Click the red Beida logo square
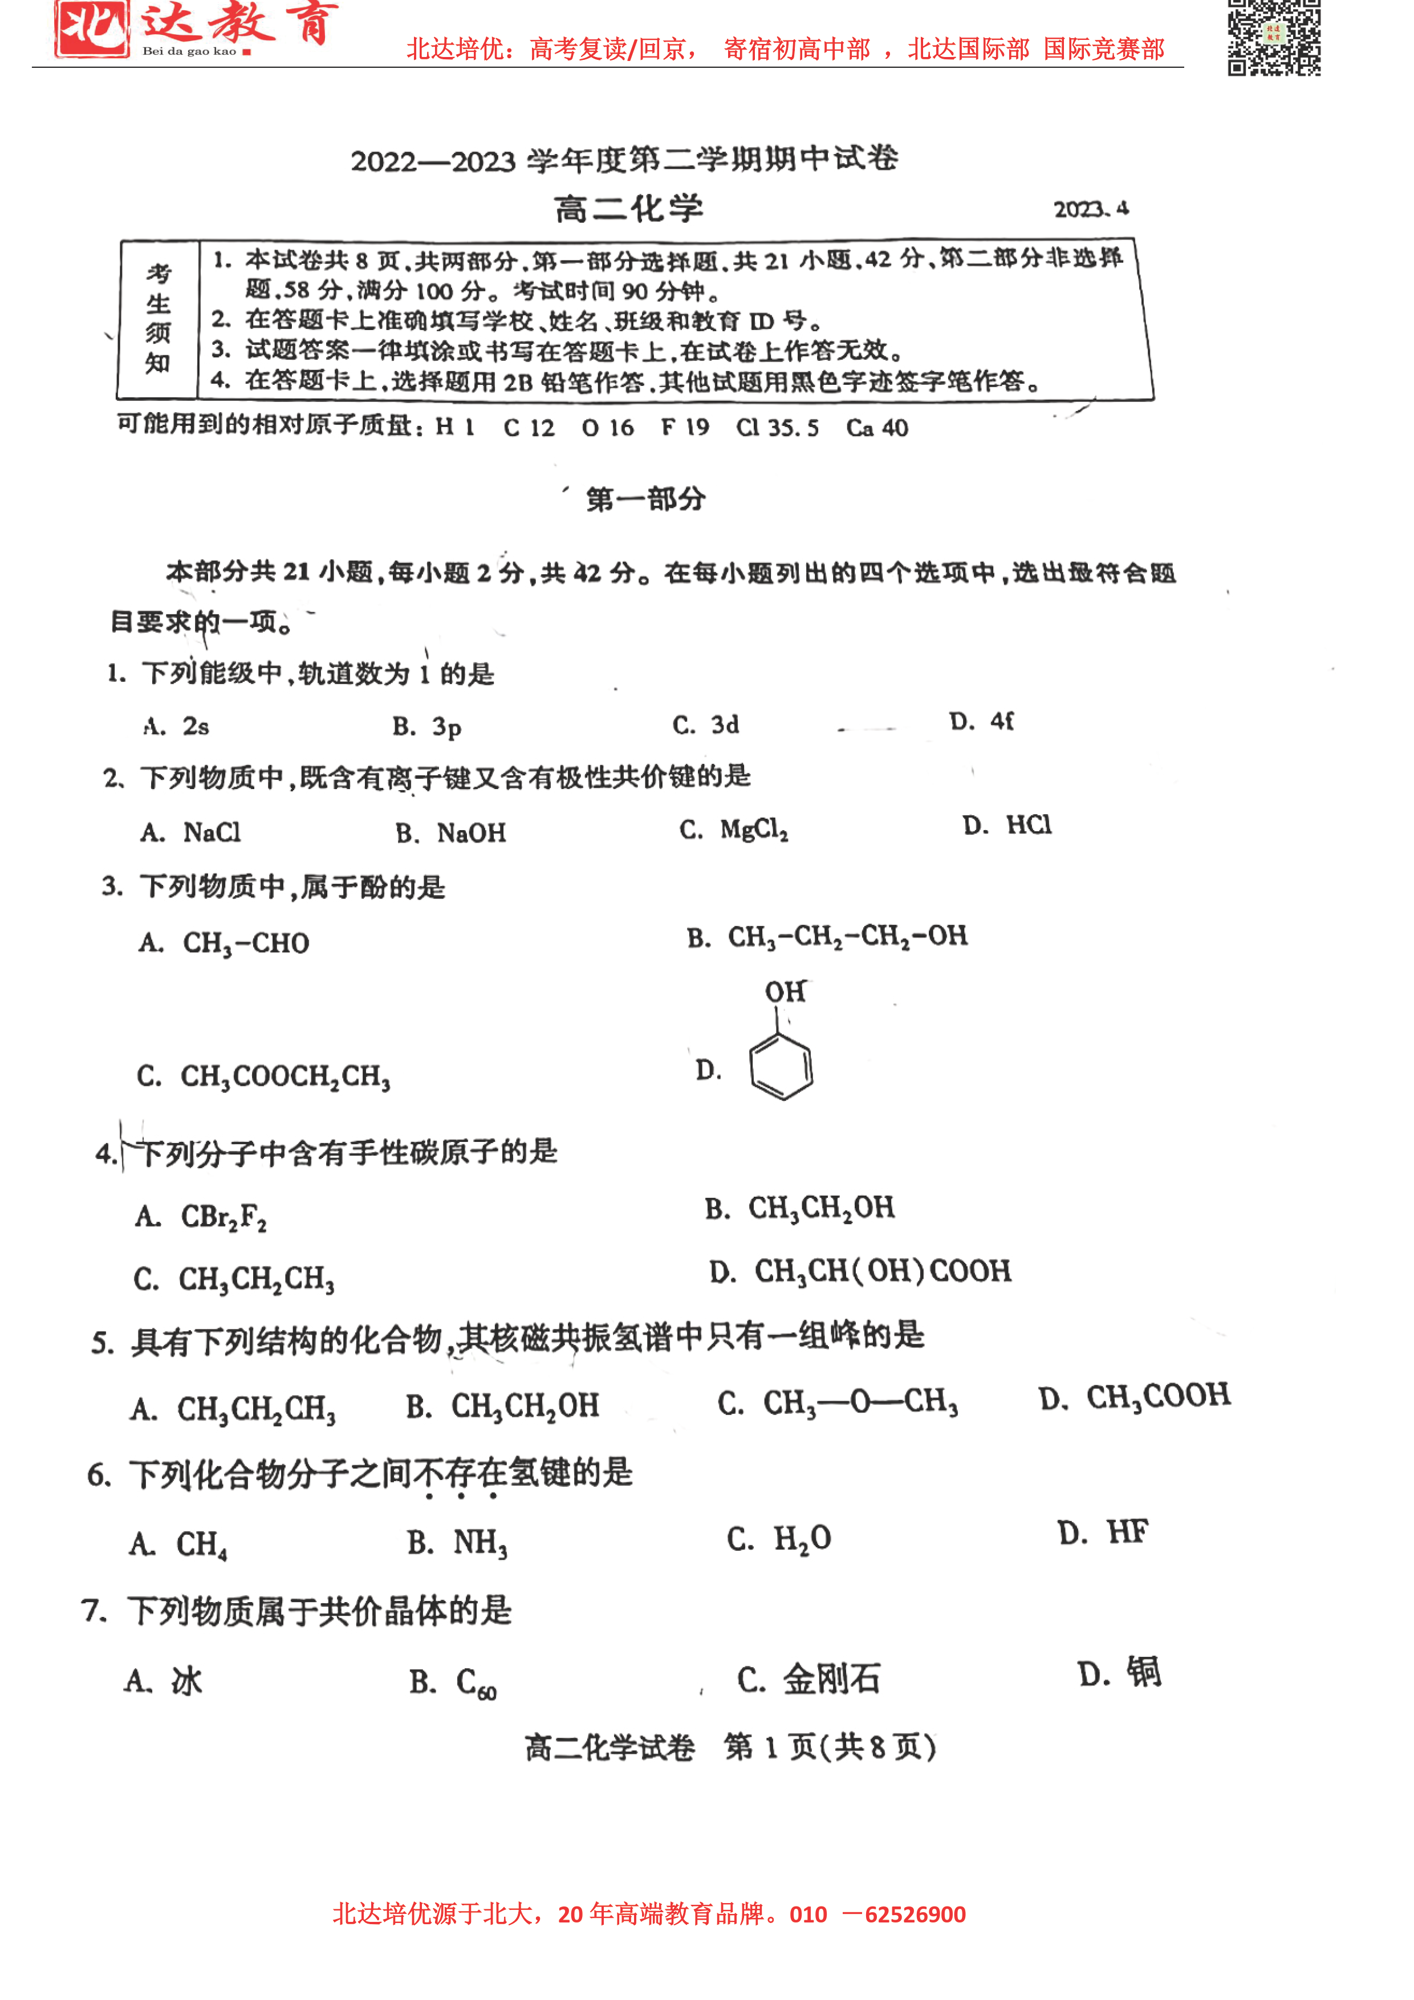coord(91,28)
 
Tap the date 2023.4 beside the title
coord(1091,209)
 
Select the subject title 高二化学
coord(628,209)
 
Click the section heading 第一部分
coord(645,499)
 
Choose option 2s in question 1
coord(195,726)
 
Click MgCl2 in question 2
coord(754,830)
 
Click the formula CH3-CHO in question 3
coord(246,944)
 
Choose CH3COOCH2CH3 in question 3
coord(285,1076)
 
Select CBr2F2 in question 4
coord(223,1216)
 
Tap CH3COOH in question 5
coord(1157,1396)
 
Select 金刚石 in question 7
coord(831,1678)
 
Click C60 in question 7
coord(476,1682)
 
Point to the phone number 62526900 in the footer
coord(915,1914)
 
